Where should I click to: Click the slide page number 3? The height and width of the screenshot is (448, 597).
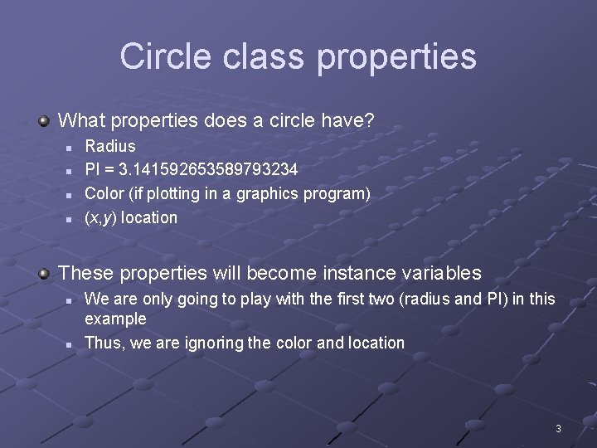tap(558, 429)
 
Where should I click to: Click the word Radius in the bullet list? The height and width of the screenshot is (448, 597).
tap(110, 146)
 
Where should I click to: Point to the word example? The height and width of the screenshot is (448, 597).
tap(115, 319)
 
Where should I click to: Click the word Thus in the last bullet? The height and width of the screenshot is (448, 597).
tap(103, 343)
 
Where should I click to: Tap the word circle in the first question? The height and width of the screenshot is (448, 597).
tap(279, 121)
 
